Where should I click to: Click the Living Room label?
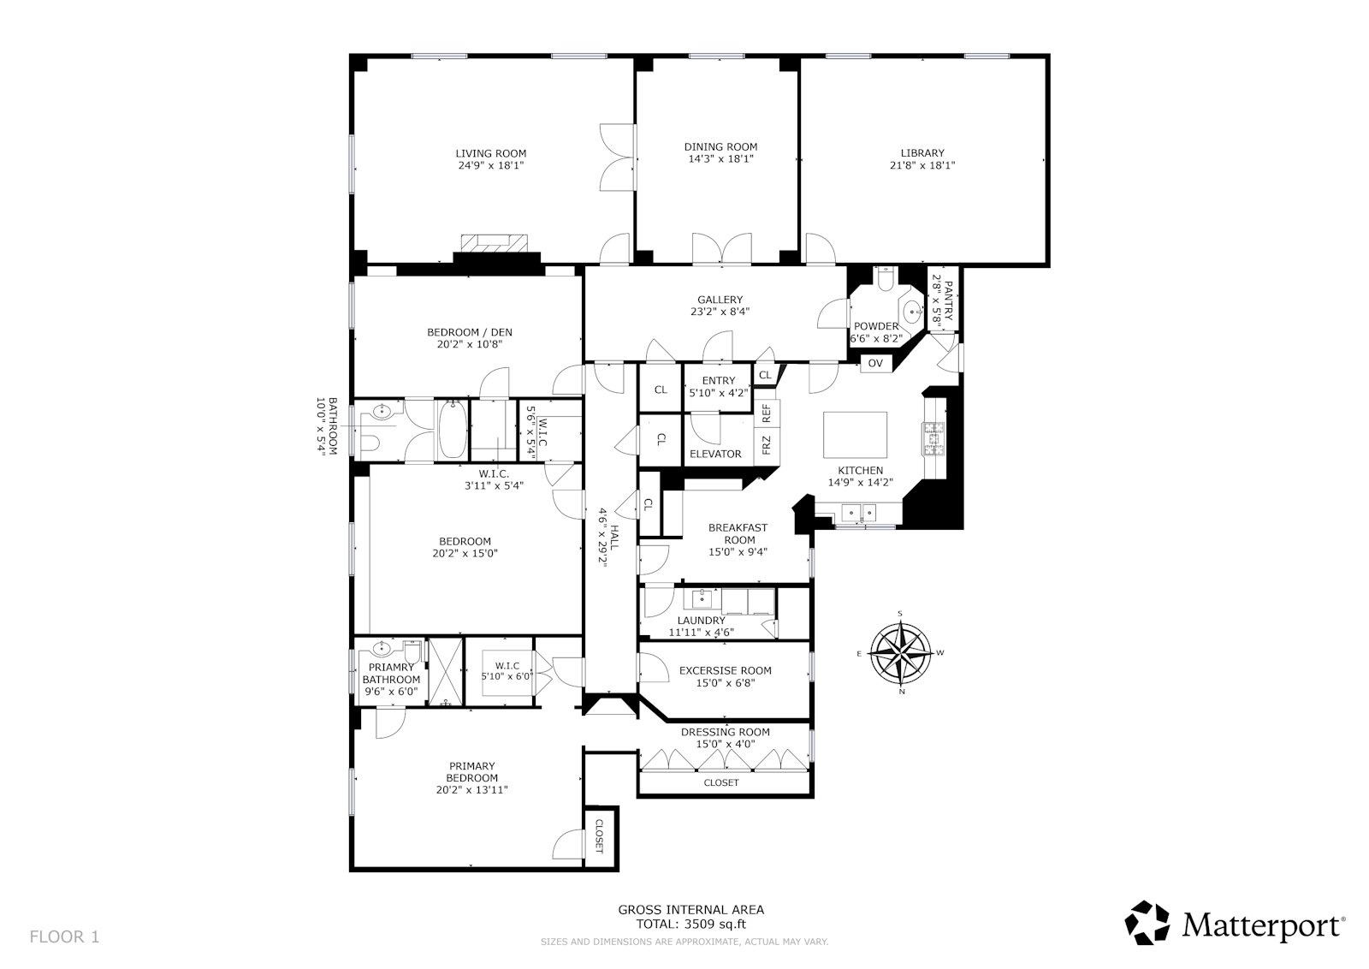point(490,154)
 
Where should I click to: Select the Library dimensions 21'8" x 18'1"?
point(922,165)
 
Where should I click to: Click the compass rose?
point(901,653)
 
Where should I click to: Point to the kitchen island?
point(855,436)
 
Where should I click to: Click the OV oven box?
point(874,363)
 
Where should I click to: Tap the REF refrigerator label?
point(767,413)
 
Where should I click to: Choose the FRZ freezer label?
point(767,445)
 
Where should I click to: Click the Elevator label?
point(715,454)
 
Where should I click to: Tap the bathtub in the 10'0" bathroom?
point(453,430)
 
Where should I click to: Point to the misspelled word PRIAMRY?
point(391,667)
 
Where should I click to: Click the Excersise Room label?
point(725,670)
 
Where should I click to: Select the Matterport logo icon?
point(1147,923)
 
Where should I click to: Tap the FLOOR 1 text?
point(64,936)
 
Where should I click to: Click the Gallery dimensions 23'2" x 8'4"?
point(720,312)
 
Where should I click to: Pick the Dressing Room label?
point(725,732)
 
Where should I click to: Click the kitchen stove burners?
point(933,437)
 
